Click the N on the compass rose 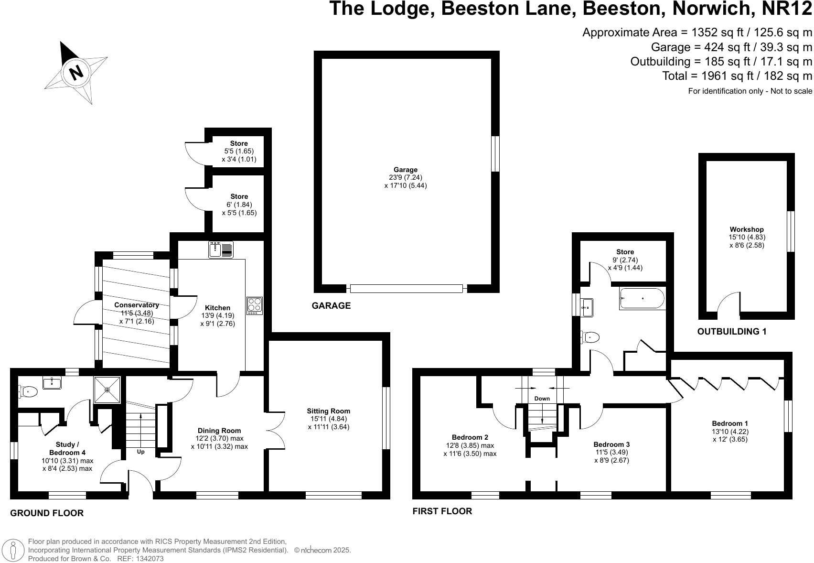pos(76,72)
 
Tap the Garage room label pos(406,170)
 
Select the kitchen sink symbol pos(221,249)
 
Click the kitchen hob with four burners pos(255,306)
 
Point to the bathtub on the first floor pos(642,299)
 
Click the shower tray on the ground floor pos(107,390)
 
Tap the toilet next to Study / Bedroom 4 pos(28,391)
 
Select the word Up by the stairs pos(140,452)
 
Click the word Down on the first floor pos(542,399)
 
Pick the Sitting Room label pos(329,411)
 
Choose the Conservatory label pos(137,305)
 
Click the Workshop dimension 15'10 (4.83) pos(747,237)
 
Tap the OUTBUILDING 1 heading pos(732,332)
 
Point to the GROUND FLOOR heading pos(47,513)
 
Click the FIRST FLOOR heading pos(442,511)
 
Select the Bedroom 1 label pos(730,423)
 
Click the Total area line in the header pos(737,76)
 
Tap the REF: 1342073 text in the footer pos(140,559)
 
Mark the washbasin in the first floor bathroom pos(587,307)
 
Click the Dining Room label pos(219,431)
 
